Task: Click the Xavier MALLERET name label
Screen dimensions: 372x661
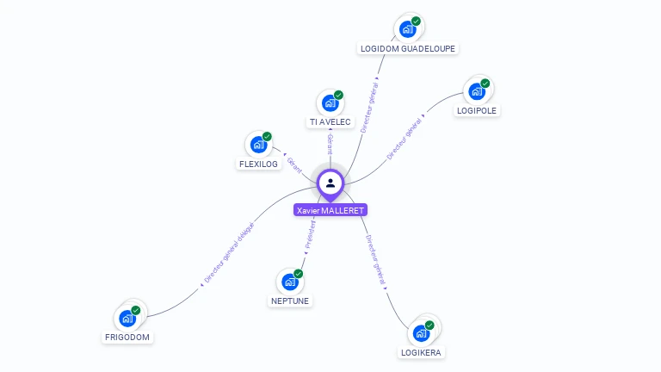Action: pyautogui.click(x=330, y=210)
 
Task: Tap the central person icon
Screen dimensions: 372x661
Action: pyautogui.click(x=330, y=183)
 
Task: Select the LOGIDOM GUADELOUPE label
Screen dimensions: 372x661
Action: pyautogui.click(x=408, y=49)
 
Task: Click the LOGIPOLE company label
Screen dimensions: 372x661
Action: pyautogui.click(x=478, y=110)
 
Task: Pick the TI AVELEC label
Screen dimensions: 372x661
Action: pyautogui.click(x=330, y=122)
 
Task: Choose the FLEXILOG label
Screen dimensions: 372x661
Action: pyautogui.click(x=259, y=164)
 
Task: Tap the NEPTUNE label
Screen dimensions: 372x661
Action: pyautogui.click(x=290, y=301)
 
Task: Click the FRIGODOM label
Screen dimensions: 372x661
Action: pyautogui.click(x=128, y=338)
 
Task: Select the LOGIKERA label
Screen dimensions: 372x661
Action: pyautogui.click(x=423, y=352)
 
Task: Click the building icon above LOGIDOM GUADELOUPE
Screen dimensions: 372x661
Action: pyautogui.click(x=408, y=28)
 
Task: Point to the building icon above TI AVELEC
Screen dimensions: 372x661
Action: pyautogui.click(x=330, y=102)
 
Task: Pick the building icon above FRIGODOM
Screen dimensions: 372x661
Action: pyautogui.click(x=127, y=318)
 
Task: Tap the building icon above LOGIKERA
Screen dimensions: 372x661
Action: pyautogui.click(x=422, y=332)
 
